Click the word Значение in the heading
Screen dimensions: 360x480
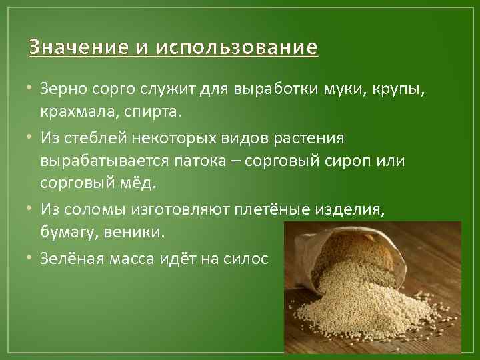tap(69, 48)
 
